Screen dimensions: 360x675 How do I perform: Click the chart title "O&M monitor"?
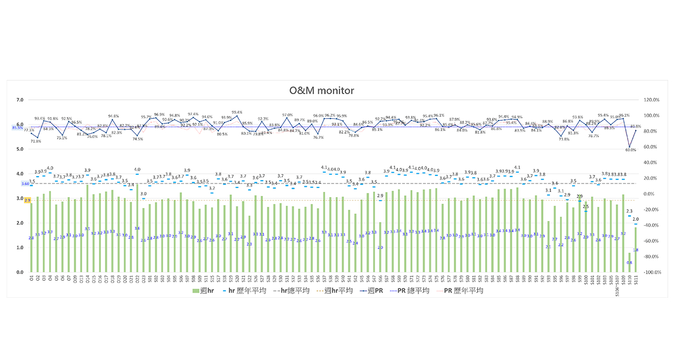[x=322, y=90]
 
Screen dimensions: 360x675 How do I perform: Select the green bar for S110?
[x=629, y=263]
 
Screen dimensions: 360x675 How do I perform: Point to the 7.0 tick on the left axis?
[x=19, y=100]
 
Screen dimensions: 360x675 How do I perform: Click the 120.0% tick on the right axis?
[x=652, y=100]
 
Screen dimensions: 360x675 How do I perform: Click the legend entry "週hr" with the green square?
[x=203, y=291]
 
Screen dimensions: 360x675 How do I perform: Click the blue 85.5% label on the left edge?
[x=17, y=127]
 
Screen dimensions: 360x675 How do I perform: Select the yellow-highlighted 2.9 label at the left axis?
[x=27, y=201]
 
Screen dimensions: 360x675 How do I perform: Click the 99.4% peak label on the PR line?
[x=237, y=112]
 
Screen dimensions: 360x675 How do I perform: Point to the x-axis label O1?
[x=31, y=279]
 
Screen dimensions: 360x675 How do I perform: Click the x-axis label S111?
[x=636, y=281]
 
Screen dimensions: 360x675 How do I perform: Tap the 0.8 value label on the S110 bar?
[x=629, y=263]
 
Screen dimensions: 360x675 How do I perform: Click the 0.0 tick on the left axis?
[x=19, y=273]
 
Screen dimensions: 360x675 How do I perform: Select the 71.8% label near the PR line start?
[x=36, y=141]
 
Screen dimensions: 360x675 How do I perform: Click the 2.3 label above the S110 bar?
[x=629, y=211]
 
